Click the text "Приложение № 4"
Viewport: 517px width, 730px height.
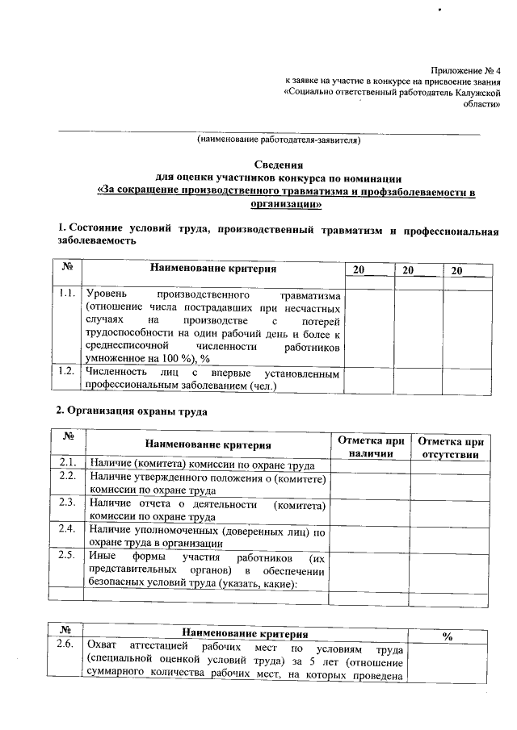[x=465, y=71]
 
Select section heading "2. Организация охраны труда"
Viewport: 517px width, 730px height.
[x=132, y=411]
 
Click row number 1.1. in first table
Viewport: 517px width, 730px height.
[x=67, y=295]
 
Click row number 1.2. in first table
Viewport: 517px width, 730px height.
[x=67, y=371]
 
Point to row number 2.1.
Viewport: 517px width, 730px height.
[x=68, y=463]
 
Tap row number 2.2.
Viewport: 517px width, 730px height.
[x=68, y=478]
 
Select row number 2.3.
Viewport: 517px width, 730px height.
[x=68, y=504]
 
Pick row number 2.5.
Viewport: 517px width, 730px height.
[x=68, y=557]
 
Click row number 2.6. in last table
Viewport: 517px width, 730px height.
[x=68, y=646]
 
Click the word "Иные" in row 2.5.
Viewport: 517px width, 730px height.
[x=102, y=557]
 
